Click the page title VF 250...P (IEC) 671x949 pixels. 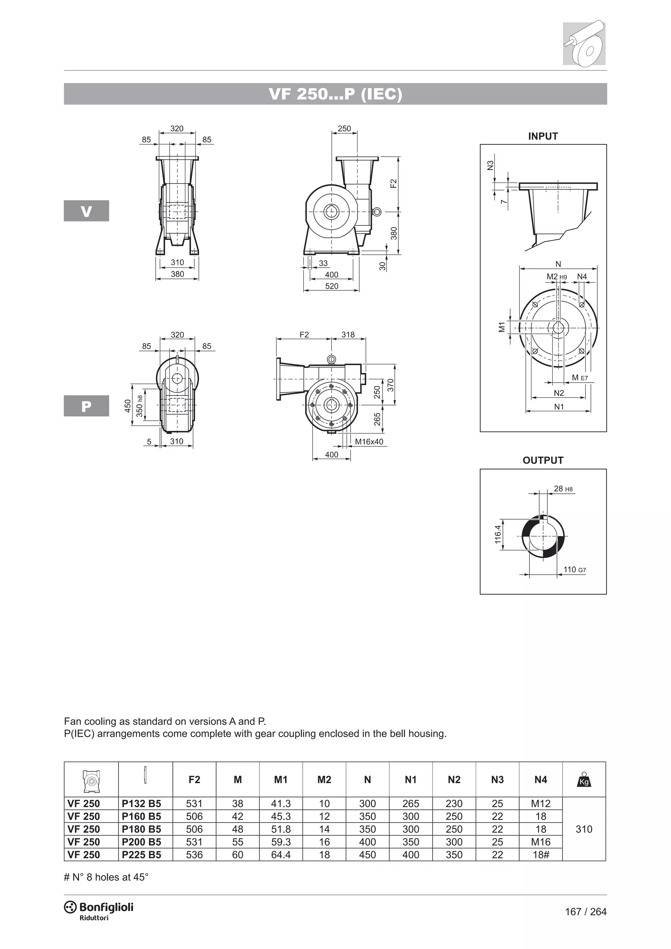335,94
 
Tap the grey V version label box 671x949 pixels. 86,211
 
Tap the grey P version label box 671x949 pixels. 86,406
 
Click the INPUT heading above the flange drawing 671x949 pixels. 543,136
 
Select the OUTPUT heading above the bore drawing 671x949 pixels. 543,460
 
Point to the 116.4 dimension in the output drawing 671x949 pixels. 498,534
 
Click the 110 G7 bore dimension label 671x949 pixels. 574,570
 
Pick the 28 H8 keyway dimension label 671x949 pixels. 563,489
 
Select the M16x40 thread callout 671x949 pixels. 369,442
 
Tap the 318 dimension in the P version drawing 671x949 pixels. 348,335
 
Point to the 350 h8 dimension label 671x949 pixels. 140,406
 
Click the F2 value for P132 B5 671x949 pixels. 194,804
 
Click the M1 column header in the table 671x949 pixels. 280,780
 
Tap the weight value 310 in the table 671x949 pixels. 584,829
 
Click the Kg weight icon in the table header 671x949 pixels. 584,780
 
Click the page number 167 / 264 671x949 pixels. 585,912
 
